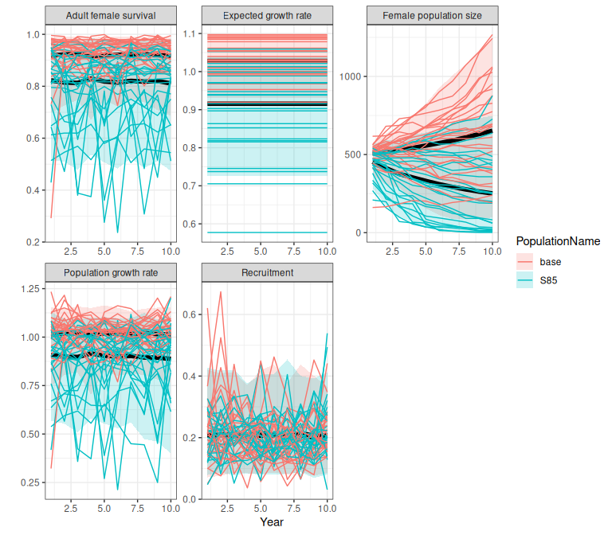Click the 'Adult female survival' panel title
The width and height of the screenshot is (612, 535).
click(x=109, y=15)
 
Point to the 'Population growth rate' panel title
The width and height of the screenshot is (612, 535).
click(x=109, y=272)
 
